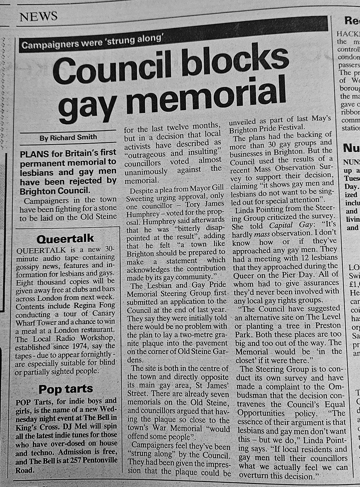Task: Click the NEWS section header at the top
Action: click(39, 17)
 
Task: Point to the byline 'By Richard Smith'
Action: click(68, 137)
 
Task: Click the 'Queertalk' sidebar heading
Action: click(65, 239)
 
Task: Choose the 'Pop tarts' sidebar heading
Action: click(66, 390)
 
